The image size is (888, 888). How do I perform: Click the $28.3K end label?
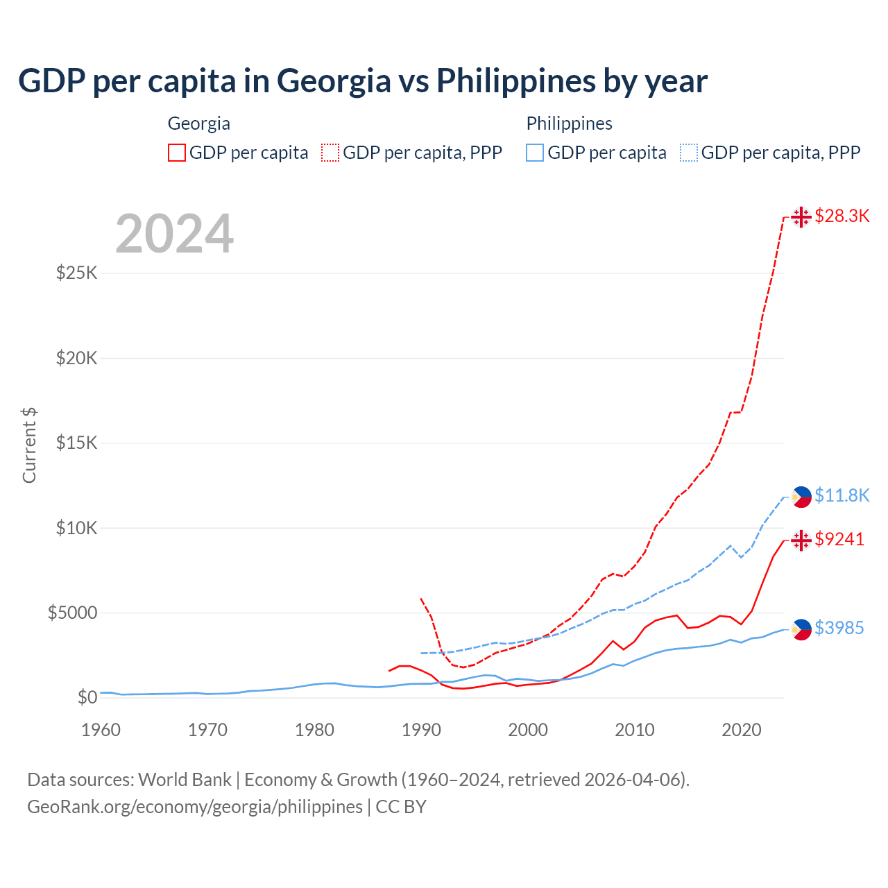click(842, 216)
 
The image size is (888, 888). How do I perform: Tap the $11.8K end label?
click(842, 495)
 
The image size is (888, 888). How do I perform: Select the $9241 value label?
click(839, 539)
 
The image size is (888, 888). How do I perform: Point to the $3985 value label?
click(839, 628)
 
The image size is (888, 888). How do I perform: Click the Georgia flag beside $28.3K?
click(801, 216)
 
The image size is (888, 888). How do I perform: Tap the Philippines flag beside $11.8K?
click(801, 497)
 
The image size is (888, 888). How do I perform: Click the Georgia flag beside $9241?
click(801, 540)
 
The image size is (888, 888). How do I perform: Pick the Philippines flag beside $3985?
click(801, 629)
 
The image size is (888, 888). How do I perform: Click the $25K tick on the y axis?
click(77, 273)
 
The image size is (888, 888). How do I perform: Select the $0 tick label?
click(87, 697)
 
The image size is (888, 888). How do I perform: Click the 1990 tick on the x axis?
click(421, 730)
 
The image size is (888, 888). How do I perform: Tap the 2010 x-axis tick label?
click(635, 730)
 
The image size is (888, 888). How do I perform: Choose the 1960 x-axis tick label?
click(101, 730)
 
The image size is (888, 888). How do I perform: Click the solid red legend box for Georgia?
click(177, 153)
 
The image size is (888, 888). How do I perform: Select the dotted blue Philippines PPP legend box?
click(689, 153)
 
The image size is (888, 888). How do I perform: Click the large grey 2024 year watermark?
click(174, 234)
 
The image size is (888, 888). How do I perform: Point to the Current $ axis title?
click(29, 445)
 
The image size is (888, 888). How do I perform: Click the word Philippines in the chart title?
click(515, 80)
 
